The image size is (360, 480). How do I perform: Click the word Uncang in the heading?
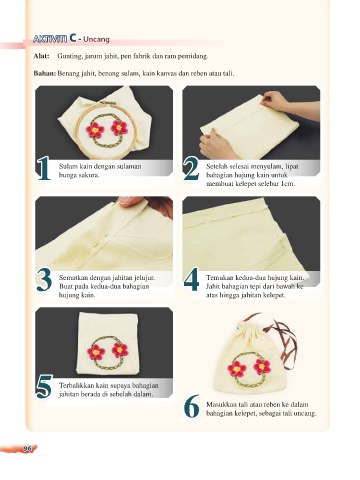pos(96,39)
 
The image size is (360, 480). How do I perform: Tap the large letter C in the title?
pos(73,38)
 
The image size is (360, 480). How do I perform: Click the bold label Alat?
pos(41,56)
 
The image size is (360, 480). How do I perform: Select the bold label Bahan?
pos(45,73)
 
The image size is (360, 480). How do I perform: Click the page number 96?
pos(27,449)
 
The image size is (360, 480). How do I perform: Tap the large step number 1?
pos(44,168)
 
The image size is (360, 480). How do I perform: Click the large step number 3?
pos(44,279)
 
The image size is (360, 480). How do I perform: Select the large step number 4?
pos(191,279)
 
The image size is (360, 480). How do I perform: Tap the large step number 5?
pos(44,387)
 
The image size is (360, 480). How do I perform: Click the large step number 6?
pos(191,406)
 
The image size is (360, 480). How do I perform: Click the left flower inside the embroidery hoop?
pos(95,130)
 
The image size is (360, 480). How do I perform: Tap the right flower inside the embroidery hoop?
pos(119,128)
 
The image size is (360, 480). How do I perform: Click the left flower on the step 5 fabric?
pos(96,352)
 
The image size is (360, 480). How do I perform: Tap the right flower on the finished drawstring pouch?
pos(262,366)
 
